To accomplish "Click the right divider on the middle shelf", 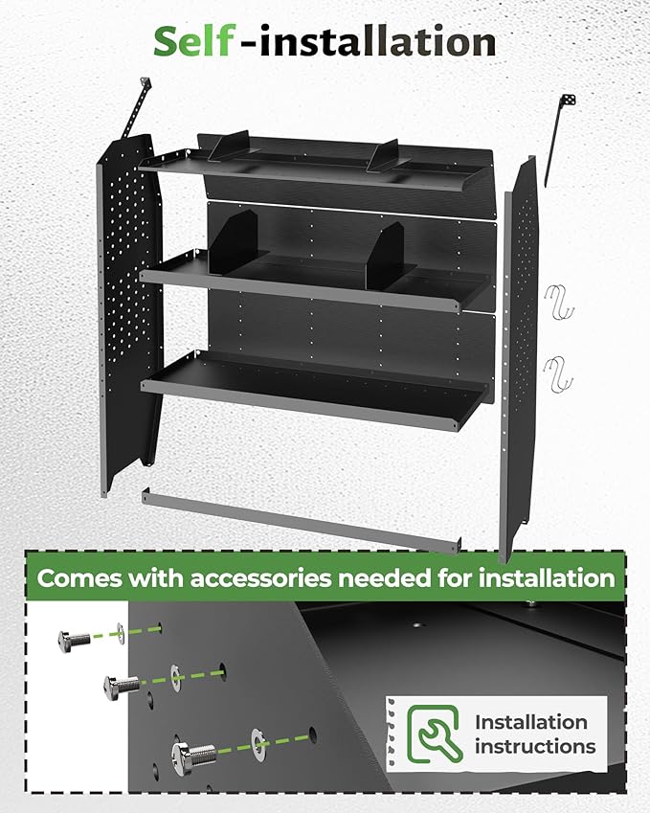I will [x=392, y=257].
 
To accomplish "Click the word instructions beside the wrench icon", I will [x=534, y=747].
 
